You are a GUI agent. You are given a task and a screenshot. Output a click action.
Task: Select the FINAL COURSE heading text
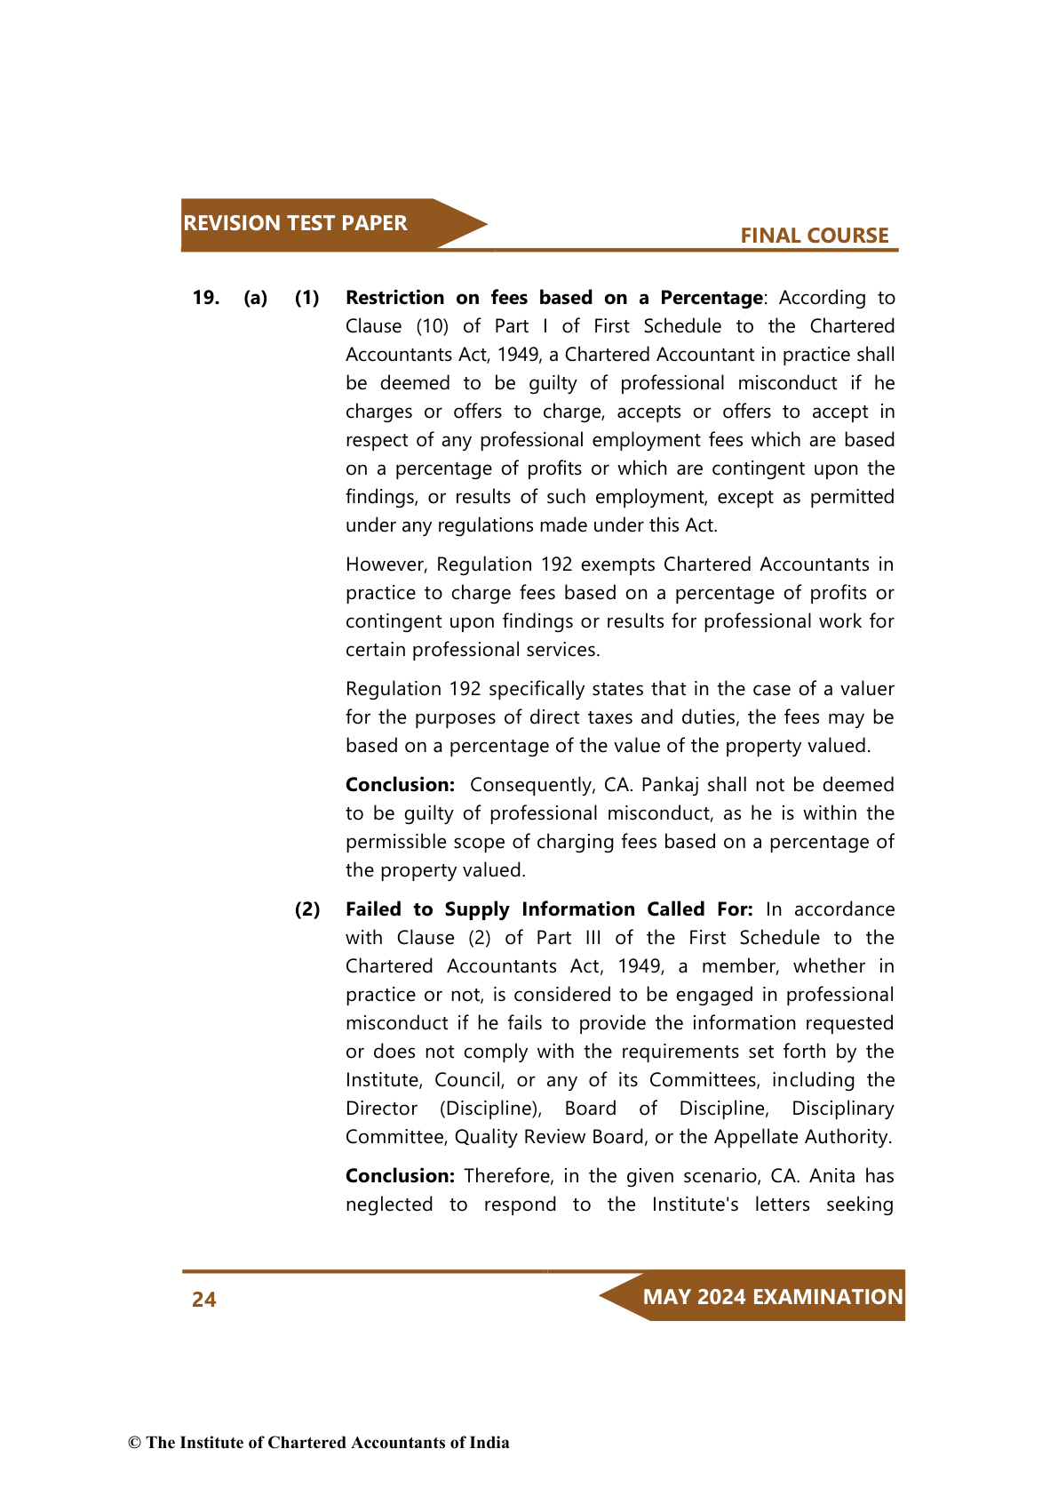pyautogui.click(x=814, y=236)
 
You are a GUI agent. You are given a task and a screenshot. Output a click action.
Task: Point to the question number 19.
pyautogui.click(x=206, y=298)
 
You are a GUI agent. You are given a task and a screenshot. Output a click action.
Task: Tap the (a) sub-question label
pyautogui.click(x=256, y=298)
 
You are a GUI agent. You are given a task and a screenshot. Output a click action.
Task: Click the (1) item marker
pyautogui.click(x=307, y=298)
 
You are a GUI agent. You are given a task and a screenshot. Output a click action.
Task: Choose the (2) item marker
pyautogui.click(x=307, y=909)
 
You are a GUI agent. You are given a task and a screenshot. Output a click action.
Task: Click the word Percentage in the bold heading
pyautogui.click(x=711, y=298)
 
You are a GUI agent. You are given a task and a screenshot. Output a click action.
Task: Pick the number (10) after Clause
pyautogui.click(x=432, y=326)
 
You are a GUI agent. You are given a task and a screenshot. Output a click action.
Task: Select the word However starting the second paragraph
pyautogui.click(x=387, y=564)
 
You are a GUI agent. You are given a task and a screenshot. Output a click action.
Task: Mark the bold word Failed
pyautogui.click(x=373, y=909)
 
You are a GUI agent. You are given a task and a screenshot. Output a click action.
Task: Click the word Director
pyautogui.click(x=381, y=1109)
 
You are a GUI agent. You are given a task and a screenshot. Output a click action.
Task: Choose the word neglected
pyautogui.click(x=389, y=1205)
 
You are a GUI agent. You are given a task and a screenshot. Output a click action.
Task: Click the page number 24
pyautogui.click(x=204, y=1300)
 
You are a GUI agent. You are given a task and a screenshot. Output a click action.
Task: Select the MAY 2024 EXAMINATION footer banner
pyautogui.click(x=771, y=1297)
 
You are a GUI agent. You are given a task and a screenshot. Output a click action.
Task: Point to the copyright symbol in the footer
pyautogui.click(x=135, y=1443)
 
